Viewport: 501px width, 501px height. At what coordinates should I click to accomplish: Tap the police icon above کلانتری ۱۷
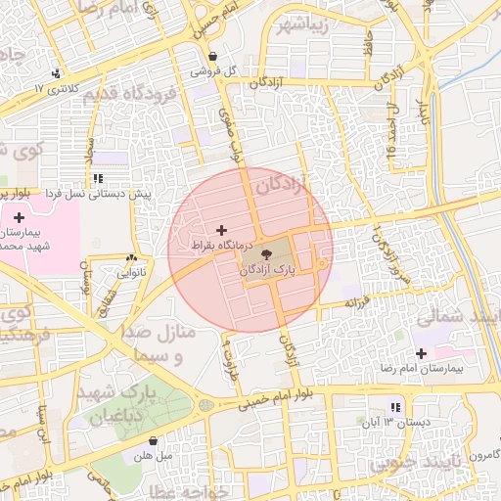[x=59, y=71]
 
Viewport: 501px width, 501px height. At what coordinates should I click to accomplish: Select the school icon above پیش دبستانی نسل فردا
[x=98, y=178]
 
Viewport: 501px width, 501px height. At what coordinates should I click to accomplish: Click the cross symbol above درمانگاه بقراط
[x=220, y=229]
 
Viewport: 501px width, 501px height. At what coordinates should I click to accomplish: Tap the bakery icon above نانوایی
[x=130, y=258]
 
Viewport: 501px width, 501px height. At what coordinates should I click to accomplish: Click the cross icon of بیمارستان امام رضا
[x=422, y=352]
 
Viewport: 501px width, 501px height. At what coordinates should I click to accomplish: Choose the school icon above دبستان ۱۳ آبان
[x=395, y=407]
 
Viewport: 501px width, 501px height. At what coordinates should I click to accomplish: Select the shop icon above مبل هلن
[x=151, y=440]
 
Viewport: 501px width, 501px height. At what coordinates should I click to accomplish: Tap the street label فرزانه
[x=354, y=303]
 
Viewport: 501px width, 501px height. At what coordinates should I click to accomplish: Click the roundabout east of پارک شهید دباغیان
[x=205, y=403]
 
